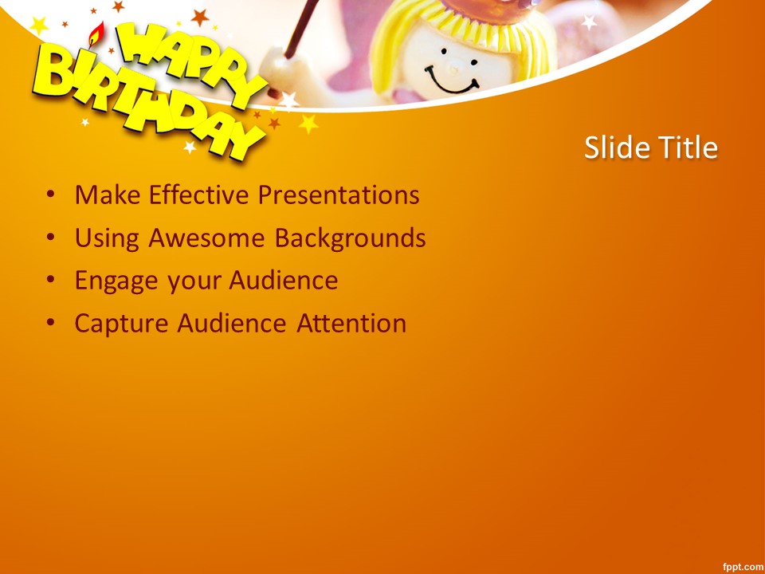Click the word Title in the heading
point(688,147)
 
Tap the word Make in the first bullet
point(108,195)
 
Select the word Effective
point(199,195)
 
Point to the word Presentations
point(339,195)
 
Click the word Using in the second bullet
point(108,238)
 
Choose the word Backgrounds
point(350,238)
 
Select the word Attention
point(351,323)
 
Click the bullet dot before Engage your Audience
point(50,280)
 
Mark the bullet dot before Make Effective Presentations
point(50,195)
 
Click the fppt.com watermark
point(740,566)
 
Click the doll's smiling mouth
point(451,82)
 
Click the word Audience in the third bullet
point(284,281)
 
